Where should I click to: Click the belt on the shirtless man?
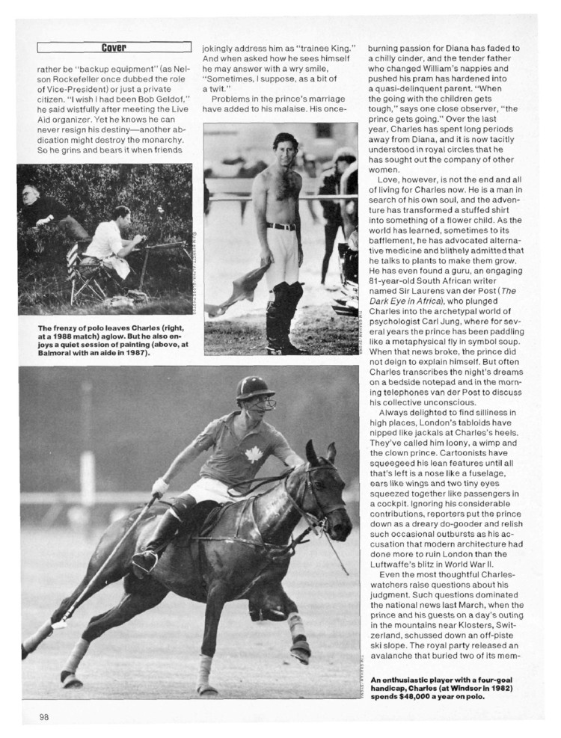280,226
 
